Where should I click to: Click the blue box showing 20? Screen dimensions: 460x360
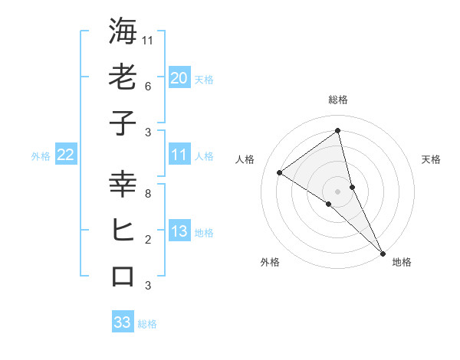pyautogui.click(x=179, y=78)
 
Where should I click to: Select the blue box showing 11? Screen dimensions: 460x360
pyautogui.click(x=179, y=155)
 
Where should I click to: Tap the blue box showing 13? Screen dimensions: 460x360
pyautogui.click(x=179, y=231)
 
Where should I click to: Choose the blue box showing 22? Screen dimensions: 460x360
pyautogui.click(x=66, y=155)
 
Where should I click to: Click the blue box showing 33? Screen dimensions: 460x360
pyautogui.click(x=123, y=322)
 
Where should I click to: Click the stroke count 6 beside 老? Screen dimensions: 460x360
pyautogui.click(x=147, y=87)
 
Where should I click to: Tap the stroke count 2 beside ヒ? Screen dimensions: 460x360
pyautogui.click(x=147, y=240)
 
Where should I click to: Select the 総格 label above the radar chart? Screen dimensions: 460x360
pyautogui.click(x=338, y=100)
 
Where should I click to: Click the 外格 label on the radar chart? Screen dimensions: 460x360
pyautogui.click(x=270, y=263)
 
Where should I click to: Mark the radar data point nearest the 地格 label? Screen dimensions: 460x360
pyautogui.click(x=382, y=253)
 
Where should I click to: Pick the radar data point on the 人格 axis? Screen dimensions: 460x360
pyautogui.click(x=279, y=172)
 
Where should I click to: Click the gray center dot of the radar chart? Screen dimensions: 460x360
pyautogui.click(x=338, y=191)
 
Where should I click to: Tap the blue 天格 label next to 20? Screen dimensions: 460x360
pyautogui.click(x=204, y=79)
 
